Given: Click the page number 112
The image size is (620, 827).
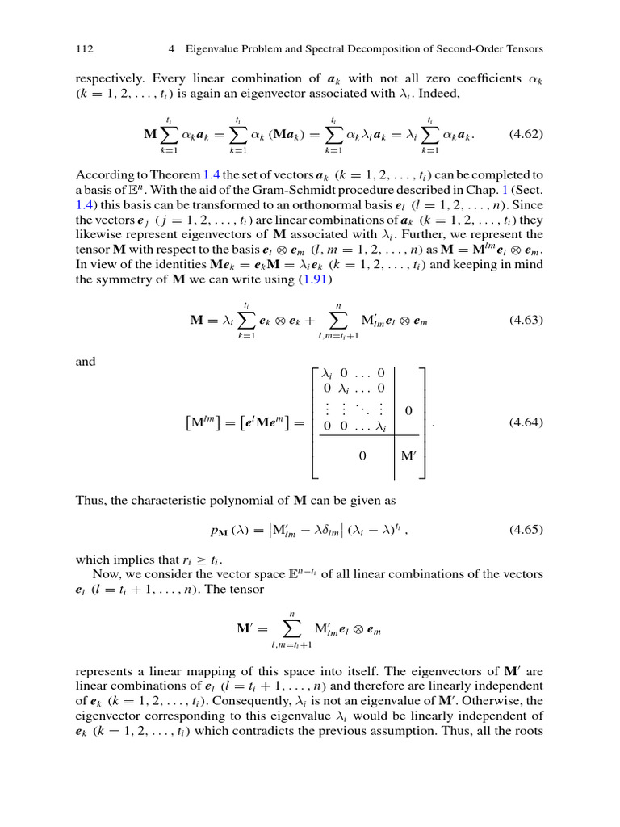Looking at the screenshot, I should [x=84, y=49].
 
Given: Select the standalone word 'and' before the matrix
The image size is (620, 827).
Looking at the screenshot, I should [x=85, y=362].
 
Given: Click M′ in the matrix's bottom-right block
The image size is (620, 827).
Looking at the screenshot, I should [x=408, y=456].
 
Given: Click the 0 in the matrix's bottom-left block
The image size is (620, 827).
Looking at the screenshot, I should [x=362, y=456].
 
